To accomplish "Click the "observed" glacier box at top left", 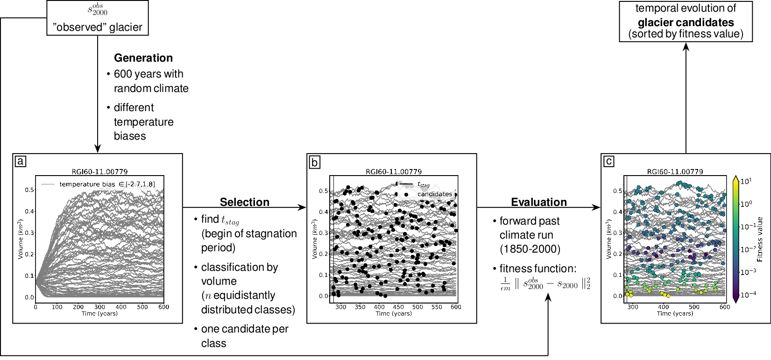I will tap(97, 18).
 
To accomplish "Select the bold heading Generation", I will tap(143, 58).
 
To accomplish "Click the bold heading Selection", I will tap(245, 202).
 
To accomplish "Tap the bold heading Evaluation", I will tap(539, 202).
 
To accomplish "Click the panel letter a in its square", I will tap(21, 162).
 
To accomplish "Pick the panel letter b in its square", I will tap(315, 162).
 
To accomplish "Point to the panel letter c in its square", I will tap(609, 162).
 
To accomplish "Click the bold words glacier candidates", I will tap(686, 22).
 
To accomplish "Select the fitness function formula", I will tap(545, 283).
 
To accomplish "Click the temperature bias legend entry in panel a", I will tap(106, 184).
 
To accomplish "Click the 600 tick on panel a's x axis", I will tap(163, 307).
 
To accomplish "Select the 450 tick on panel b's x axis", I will tap(398, 307).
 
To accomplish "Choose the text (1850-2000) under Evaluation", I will tap(530, 249).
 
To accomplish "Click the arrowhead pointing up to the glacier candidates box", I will tap(686, 47).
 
